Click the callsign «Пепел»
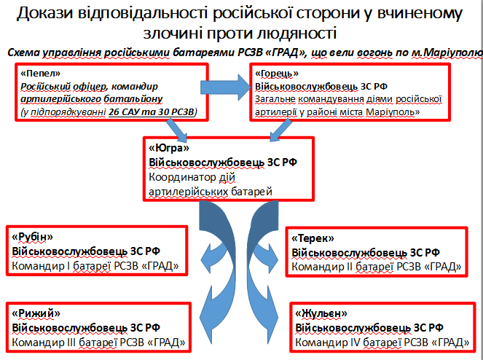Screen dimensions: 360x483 pos(37,74)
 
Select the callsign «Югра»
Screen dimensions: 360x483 pos(165,146)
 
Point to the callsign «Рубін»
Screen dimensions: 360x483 pos(34,237)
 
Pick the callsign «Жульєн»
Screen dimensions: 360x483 pos(321,313)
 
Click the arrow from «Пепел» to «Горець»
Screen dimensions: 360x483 pos(226,87)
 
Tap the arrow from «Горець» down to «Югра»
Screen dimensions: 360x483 pos(278,128)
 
